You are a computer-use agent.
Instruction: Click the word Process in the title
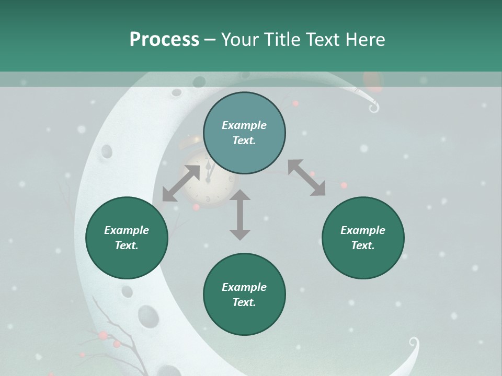164,40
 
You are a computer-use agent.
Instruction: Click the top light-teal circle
244,133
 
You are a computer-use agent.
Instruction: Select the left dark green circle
127,238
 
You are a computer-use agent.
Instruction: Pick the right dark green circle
363,238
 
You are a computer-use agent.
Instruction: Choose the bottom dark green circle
244,294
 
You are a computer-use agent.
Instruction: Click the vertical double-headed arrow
240,215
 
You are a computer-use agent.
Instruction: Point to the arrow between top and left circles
181,183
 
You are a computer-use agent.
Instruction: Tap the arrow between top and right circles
306,178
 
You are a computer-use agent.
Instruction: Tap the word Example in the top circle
244,125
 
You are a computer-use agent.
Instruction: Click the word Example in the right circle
363,230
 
